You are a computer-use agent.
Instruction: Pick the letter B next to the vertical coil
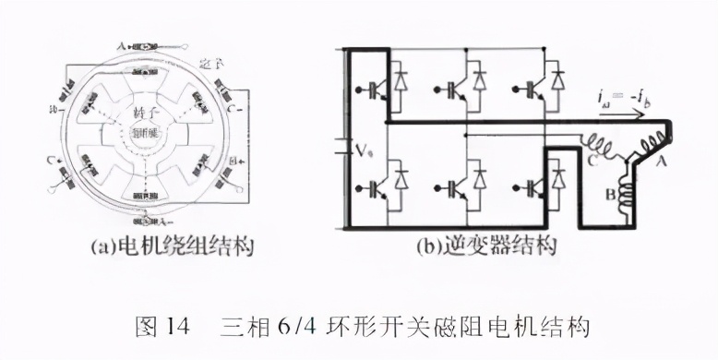pyautogui.click(x=610, y=195)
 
